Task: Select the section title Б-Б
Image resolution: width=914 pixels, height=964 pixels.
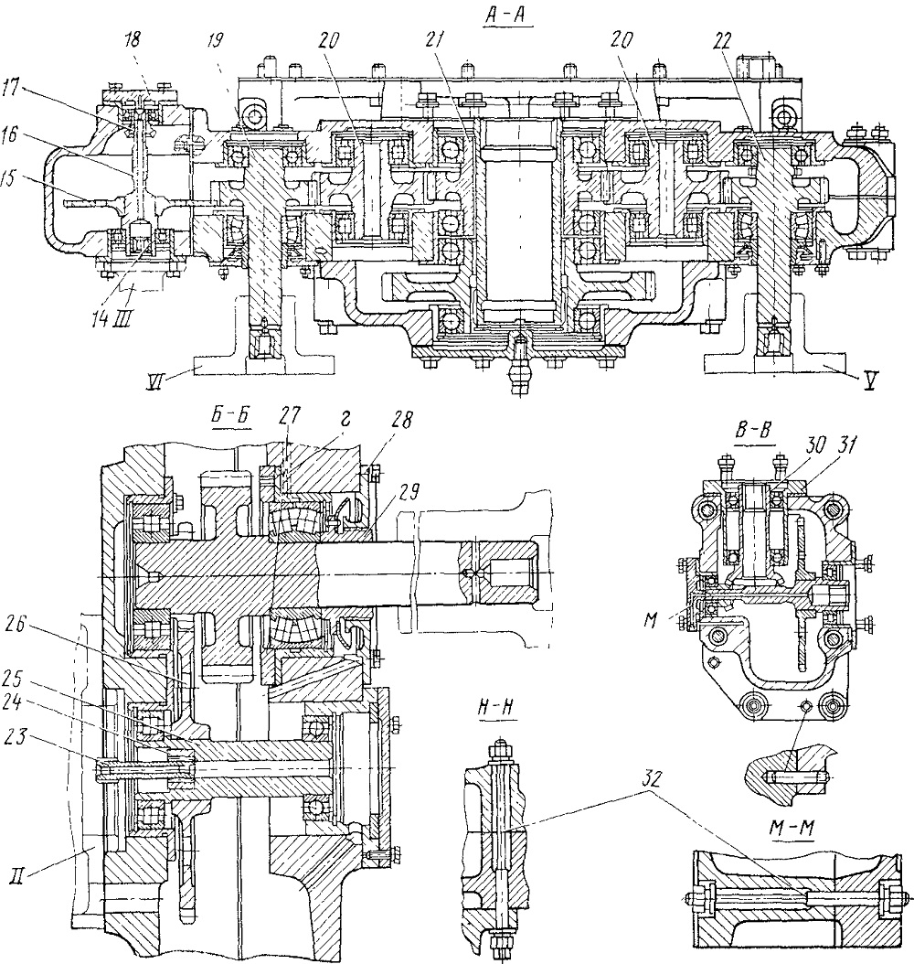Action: click(230, 416)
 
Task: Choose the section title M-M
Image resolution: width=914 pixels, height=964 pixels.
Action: click(792, 828)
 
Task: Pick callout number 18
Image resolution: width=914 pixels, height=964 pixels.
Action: click(132, 40)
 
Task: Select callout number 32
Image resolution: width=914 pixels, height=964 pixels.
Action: click(651, 779)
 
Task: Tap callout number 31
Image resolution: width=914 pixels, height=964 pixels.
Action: click(846, 445)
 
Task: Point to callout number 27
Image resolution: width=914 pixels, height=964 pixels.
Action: click(289, 417)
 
